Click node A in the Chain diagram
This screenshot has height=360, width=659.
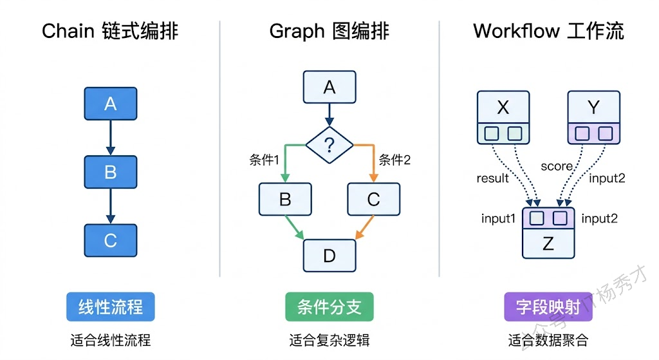110,104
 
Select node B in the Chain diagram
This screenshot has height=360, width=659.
110,172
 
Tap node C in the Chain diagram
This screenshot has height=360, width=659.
110,240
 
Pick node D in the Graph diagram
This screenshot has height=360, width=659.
329,256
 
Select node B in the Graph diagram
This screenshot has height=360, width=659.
285,199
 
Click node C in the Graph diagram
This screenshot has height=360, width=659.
373,199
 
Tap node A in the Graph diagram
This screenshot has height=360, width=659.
329,87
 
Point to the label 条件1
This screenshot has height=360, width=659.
264,160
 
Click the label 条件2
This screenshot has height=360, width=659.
394,160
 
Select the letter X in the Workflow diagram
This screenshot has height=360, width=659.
503,108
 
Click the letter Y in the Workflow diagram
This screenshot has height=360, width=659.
593,108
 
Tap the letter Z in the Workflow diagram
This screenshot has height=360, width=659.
548,243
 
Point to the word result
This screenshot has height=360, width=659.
493,178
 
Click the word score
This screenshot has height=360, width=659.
556,166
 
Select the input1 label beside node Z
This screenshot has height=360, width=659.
499,218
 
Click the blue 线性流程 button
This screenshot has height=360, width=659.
111,307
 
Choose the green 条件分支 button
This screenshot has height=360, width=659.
329,307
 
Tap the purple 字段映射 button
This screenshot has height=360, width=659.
547,307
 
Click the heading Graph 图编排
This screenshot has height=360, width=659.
329,31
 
